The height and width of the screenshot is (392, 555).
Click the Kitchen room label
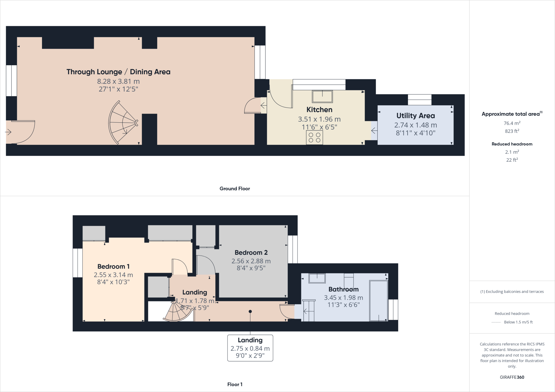coord(319,110)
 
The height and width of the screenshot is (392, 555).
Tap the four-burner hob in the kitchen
coord(314,138)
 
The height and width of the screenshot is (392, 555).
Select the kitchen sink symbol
coord(322,96)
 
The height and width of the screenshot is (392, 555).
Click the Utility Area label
coord(415,116)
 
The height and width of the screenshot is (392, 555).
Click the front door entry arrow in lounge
coord(8,132)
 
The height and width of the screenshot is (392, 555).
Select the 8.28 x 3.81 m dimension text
coord(118,81)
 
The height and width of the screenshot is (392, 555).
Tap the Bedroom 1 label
coord(113,266)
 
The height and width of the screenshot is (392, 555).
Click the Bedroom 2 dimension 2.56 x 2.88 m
coord(251,261)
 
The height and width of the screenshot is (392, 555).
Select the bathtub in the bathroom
coord(379,301)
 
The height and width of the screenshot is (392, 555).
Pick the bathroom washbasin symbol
coord(317,278)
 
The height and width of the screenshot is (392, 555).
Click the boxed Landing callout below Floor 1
coord(250,348)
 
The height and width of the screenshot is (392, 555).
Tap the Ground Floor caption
coord(235,189)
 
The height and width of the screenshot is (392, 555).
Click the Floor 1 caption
coord(235,384)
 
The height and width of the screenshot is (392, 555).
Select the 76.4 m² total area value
coord(512,123)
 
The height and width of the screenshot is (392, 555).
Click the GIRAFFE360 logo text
coord(512,377)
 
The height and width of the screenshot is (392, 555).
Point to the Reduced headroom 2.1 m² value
coord(512,152)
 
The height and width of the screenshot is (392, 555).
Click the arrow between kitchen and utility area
coord(374,131)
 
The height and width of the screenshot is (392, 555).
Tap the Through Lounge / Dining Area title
coord(118,72)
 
